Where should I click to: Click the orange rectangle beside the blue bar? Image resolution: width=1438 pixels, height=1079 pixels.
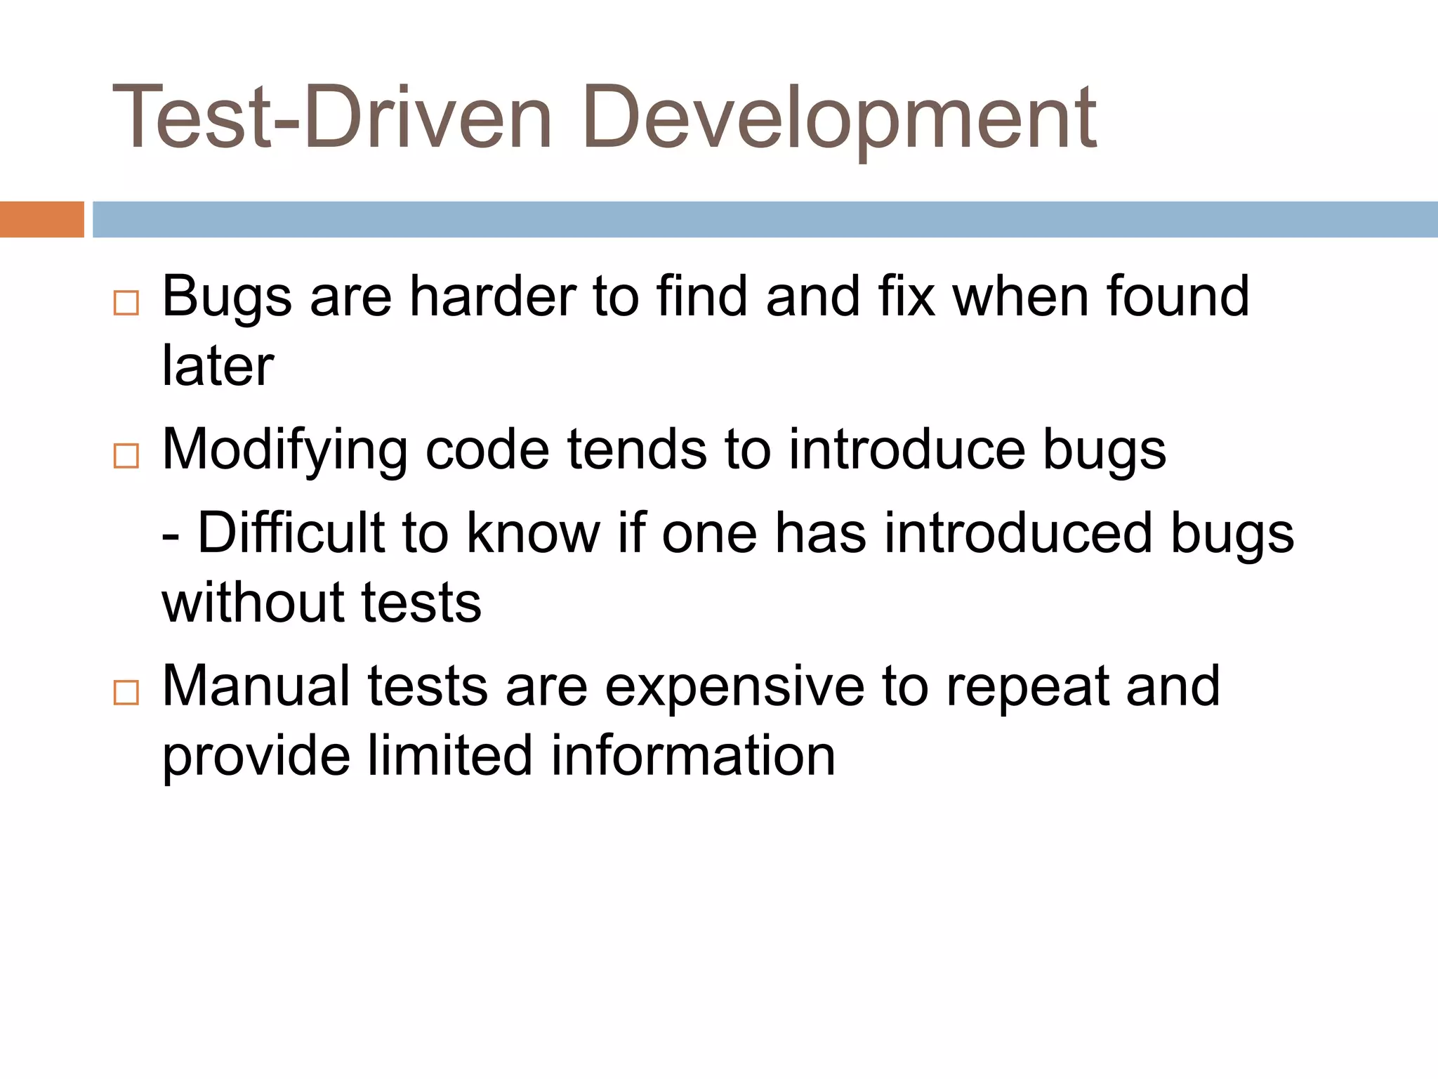tap(41, 219)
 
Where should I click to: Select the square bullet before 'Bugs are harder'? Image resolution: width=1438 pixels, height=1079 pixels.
tap(126, 303)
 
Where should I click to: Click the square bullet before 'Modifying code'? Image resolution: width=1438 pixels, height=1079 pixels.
tap(126, 456)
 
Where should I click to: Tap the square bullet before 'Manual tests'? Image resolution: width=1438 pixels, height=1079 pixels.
tap(126, 693)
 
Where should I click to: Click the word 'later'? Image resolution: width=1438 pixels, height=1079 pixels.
tap(218, 366)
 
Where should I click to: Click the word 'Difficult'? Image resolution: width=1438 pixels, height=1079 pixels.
tap(291, 533)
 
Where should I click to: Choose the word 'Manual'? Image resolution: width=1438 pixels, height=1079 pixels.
tap(256, 686)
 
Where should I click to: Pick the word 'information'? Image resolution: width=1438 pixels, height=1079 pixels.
tap(693, 756)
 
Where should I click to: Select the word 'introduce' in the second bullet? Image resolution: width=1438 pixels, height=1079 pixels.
tap(906, 450)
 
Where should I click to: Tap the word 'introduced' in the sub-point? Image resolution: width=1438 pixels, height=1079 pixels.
tap(1017, 533)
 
